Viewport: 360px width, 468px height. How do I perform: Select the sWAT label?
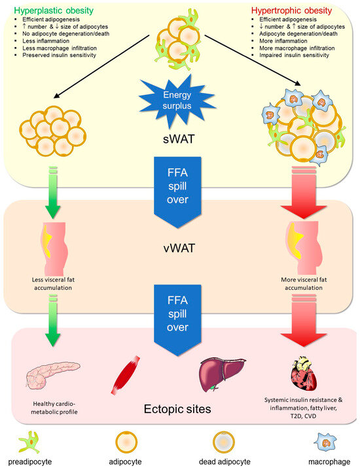point(179,140)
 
